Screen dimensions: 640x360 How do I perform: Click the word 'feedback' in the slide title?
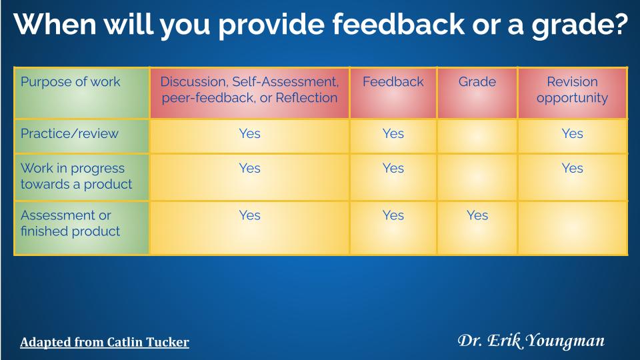[x=399, y=24]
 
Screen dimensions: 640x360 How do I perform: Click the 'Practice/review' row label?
[x=69, y=133]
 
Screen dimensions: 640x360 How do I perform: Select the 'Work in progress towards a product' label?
[x=76, y=176]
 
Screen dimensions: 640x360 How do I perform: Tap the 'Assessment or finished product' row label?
[x=70, y=223]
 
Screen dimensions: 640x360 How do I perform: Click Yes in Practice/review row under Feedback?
[x=393, y=133]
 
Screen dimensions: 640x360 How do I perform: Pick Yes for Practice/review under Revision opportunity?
[x=572, y=133]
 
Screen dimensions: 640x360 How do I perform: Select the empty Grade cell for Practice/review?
[x=477, y=136]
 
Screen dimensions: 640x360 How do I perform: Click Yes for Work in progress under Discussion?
[x=249, y=168]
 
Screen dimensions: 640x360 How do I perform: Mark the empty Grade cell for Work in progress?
[x=477, y=177]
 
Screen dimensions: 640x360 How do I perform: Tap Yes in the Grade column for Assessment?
[x=477, y=215]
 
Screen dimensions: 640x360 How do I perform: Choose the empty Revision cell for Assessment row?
[x=572, y=228]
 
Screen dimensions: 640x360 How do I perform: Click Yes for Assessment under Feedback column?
[x=393, y=215]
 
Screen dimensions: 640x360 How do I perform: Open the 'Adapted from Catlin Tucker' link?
[x=105, y=342]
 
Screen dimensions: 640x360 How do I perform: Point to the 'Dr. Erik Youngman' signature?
[x=531, y=341]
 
